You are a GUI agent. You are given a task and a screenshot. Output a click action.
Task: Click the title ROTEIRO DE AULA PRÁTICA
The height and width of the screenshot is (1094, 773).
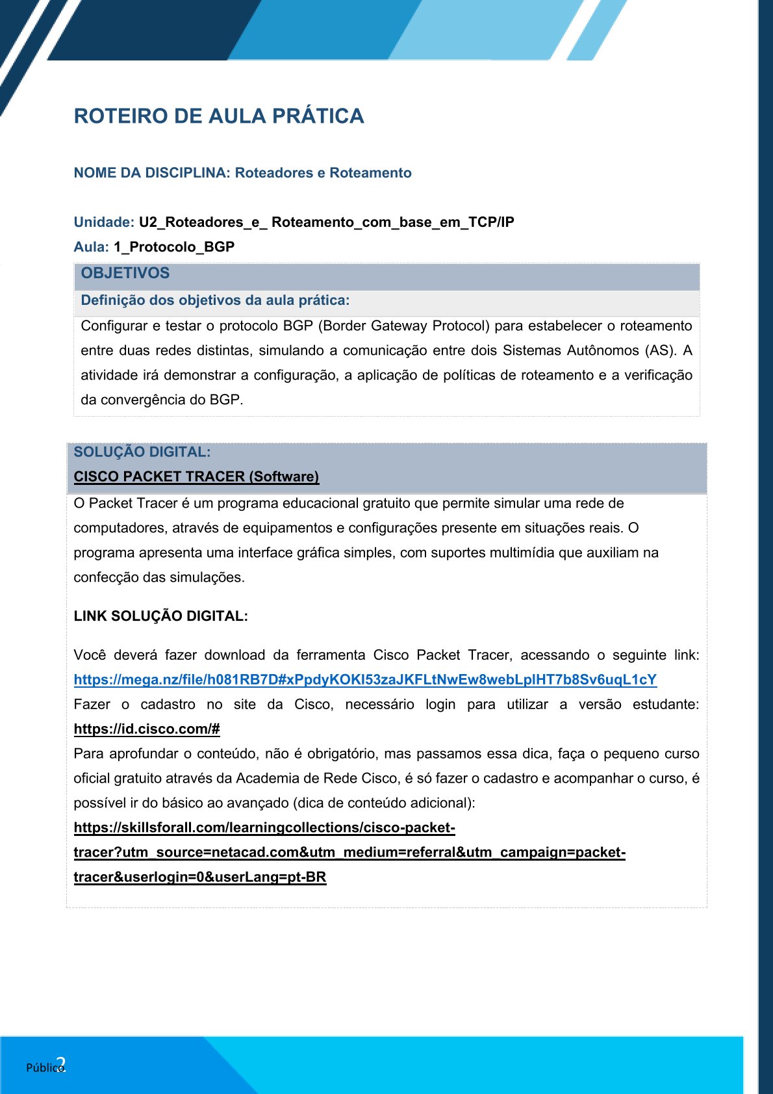click(x=219, y=116)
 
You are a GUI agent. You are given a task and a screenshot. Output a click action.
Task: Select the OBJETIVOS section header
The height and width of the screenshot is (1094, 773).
click(x=125, y=274)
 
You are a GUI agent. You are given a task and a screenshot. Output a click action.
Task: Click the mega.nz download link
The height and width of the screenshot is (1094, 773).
click(x=365, y=680)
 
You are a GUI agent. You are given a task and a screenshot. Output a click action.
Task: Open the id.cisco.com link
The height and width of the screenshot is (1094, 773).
click(x=147, y=729)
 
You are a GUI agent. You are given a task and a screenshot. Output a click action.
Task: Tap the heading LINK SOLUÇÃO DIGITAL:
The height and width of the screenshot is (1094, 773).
click(x=160, y=616)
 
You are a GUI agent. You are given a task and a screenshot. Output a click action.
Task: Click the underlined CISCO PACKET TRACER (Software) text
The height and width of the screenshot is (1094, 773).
click(x=196, y=476)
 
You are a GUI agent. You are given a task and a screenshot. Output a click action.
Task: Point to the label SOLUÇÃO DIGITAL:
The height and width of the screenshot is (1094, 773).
click(x=142, y=452)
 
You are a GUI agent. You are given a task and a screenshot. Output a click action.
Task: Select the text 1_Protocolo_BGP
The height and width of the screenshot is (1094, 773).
click(x=174, y=247)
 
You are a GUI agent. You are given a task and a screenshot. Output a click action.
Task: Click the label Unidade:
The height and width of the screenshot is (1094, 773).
click(x=104, y=222)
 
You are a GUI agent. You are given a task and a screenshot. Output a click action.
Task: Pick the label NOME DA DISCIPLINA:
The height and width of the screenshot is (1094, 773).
click(x=152, y=173)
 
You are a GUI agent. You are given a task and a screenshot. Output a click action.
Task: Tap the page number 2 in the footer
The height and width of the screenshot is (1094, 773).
click(x=61, y=1064)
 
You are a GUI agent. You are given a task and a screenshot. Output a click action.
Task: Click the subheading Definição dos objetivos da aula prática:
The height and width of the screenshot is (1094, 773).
click(x=215, y=300)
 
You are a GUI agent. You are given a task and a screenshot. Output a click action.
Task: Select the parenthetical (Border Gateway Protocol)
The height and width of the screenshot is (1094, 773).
click(x=403, y=326)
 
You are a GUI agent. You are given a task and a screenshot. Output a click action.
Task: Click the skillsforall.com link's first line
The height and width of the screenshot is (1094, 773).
click(x=264, y=828)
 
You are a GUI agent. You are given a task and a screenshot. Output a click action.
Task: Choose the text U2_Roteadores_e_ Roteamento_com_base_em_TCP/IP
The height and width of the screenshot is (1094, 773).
click(x=326, y=222)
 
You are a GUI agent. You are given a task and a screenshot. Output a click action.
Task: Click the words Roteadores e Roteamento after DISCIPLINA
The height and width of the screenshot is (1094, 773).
click(x=323, y=173)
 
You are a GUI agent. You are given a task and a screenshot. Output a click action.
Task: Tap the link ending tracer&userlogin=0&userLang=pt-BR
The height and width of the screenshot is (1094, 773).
click(x=200, y=878)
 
